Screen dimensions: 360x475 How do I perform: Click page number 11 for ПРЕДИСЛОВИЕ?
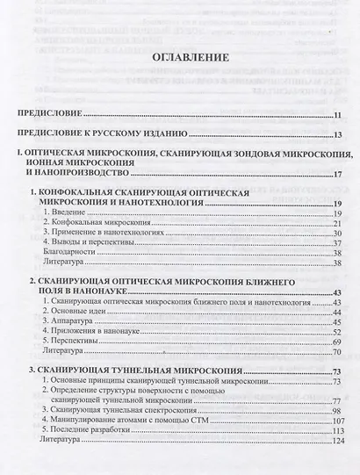tap(336, 115)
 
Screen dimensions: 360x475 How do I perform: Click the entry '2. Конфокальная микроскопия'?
tap(88, 224)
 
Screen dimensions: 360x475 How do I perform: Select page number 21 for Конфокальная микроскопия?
tap(336, 224)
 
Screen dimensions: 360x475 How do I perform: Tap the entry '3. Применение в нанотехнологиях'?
tap(97, 236)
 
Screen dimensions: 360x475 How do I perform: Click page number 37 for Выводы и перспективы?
tap(336, 248)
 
